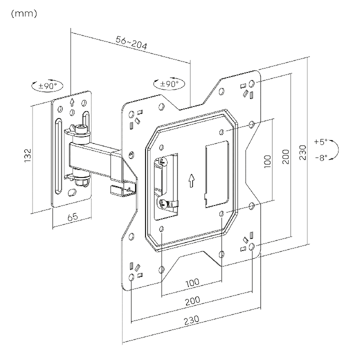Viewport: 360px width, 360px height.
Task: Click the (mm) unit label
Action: tap(23, 13)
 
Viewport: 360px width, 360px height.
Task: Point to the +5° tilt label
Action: tap(320, 141)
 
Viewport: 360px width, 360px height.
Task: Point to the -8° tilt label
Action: tap(321, 157)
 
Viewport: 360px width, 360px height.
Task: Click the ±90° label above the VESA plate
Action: tap(169, 84)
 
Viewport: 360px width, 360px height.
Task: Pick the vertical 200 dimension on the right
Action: tap(285, 156)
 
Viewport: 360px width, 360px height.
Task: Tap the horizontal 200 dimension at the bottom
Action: tap(192, 300)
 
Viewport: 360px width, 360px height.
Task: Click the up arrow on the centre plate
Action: tap(191, 180)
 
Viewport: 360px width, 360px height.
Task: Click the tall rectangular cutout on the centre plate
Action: tap(216, 174)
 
